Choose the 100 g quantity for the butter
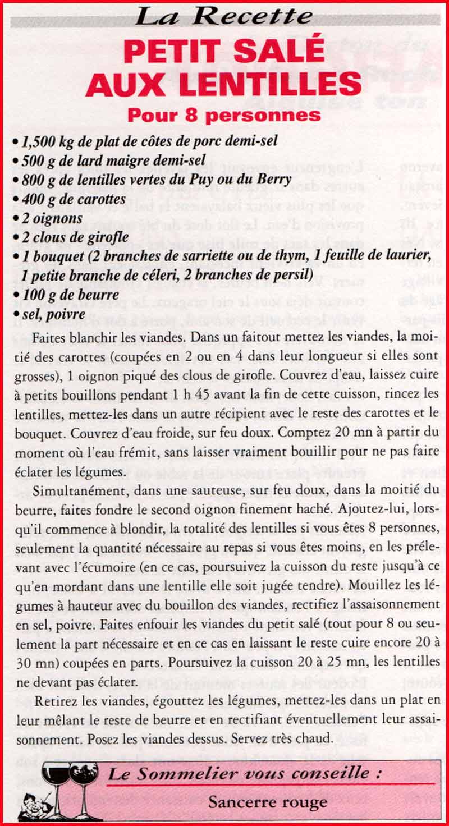37,295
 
